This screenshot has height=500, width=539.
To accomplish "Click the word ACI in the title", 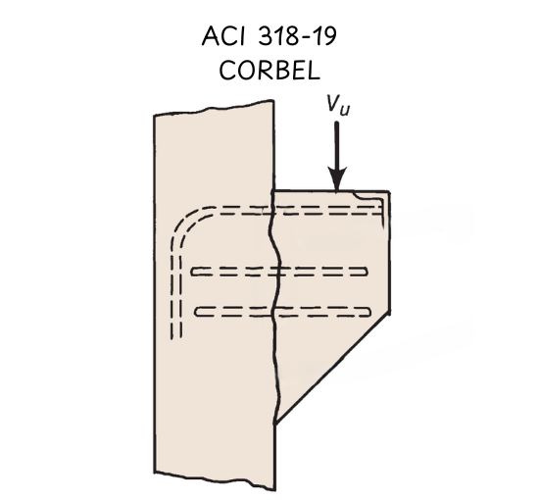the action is click(223, 36).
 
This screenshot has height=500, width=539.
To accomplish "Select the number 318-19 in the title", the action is click(297, 36).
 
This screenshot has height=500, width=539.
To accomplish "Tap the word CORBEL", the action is click(269, 71).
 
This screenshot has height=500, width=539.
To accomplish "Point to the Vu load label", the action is click(338, 104).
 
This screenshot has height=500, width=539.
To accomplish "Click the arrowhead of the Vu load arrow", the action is click(337, 178).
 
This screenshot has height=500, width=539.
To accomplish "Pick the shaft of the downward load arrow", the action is click(337, 145).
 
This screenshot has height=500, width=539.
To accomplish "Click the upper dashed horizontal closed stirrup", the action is click(279, 272).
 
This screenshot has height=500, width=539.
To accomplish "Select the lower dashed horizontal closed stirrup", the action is click(282, 311).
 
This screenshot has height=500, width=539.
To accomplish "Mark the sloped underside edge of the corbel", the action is click(332, 368).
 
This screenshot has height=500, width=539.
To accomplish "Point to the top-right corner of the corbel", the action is click(389, 191).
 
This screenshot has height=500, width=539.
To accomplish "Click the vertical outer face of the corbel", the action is click(389, 252).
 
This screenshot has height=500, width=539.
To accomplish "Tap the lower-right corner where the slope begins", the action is click(389, 314).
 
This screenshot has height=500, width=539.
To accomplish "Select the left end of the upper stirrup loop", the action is click(192, 272).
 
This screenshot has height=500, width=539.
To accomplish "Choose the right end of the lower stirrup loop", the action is click(369, 312).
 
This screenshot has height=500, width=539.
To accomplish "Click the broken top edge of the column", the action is click(214, 108).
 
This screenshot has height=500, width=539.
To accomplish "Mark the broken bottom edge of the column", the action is click(215, 480).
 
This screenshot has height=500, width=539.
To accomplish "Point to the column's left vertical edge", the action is click(154, 294).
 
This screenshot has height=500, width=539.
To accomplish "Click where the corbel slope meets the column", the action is click(275, 424).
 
